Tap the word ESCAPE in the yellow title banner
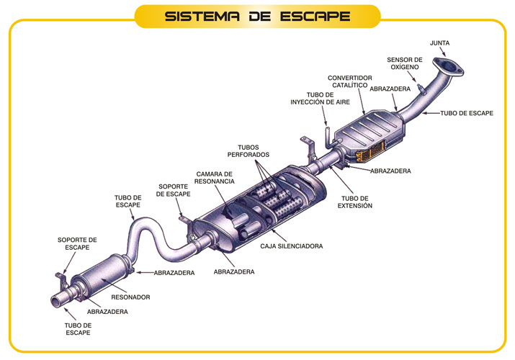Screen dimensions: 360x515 (x=313, y=16)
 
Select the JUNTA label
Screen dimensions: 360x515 (x=440, y=43)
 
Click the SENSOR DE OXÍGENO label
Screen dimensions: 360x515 (x=404, y=64)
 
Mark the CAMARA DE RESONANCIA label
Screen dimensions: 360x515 (x=215, y=178)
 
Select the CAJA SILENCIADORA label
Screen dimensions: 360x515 (x=291, y=246)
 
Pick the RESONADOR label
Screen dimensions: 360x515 (x=130, y=297)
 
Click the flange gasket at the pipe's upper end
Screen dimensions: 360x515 (x=452, y=67)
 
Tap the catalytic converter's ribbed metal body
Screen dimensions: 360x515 (x=364, y=133)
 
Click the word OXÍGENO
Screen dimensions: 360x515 (x=404, y=68)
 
